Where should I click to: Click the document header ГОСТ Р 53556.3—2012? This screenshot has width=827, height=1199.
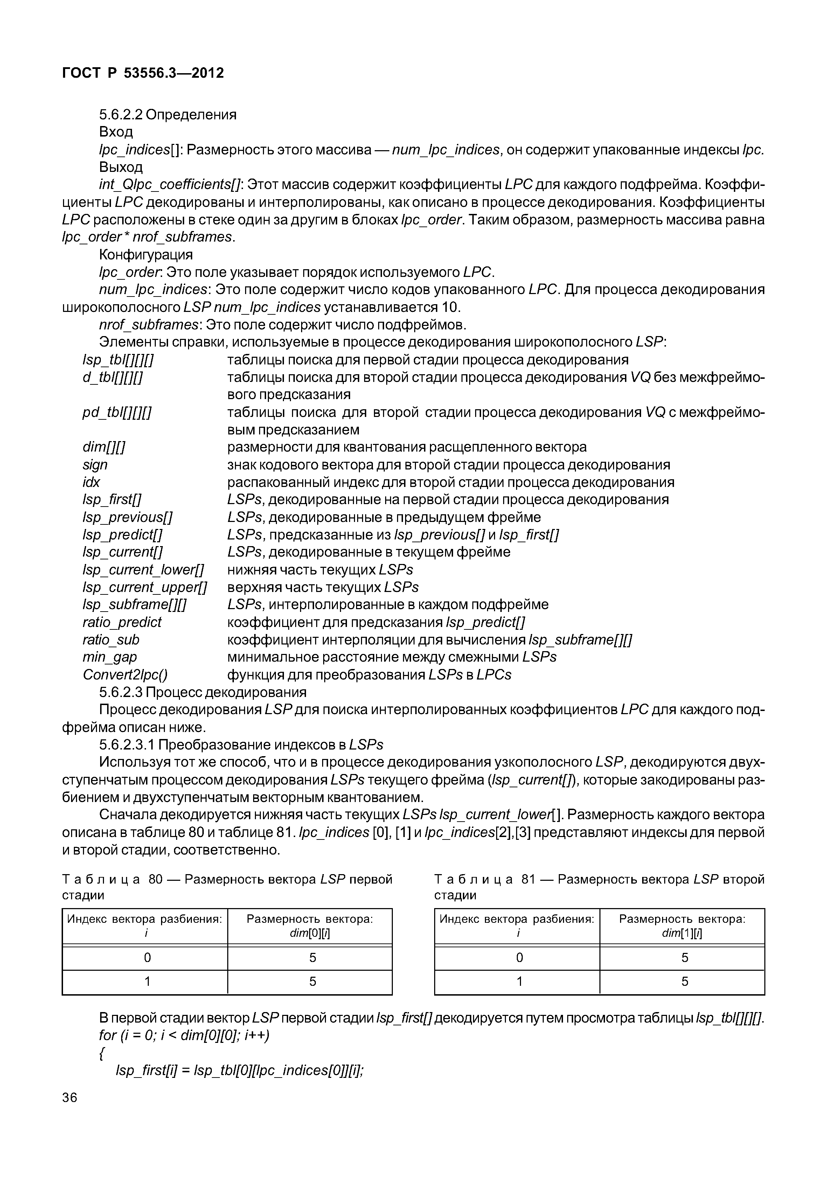[x=143, y=73]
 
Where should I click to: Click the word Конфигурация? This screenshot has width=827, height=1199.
[x=146, y=255]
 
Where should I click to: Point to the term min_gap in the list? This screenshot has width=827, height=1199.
[x=110, y=657]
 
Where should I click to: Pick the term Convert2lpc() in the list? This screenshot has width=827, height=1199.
[x=125, y=675]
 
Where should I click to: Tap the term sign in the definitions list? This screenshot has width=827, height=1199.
[x=95, y=465]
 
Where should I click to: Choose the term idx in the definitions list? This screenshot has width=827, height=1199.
[x=91, y=482]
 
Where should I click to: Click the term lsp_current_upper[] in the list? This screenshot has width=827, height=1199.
[x=145, y=587]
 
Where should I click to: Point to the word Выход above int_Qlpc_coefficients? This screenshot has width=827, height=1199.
[x=120, y=167]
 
